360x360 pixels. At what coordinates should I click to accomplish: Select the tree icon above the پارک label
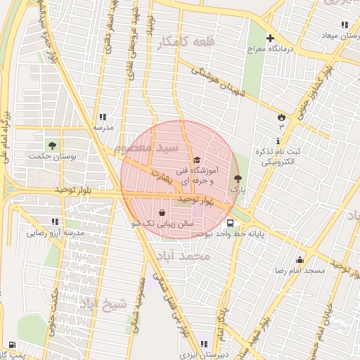pyautogui.click(x=237, y=179)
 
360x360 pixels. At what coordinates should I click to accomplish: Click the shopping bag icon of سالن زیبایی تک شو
pyautogui.click(x=162, y=212)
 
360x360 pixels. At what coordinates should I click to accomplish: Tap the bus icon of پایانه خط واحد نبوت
pyautogui.click(x=231, y=224)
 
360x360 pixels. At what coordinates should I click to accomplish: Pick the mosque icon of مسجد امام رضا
pyautogui.click(x=300, y=259)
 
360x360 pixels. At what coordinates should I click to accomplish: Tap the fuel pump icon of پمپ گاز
pyautogui.click(x=13, y=345)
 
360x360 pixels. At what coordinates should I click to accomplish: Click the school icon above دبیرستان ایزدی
pyautogui.click(x=204, y=344)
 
